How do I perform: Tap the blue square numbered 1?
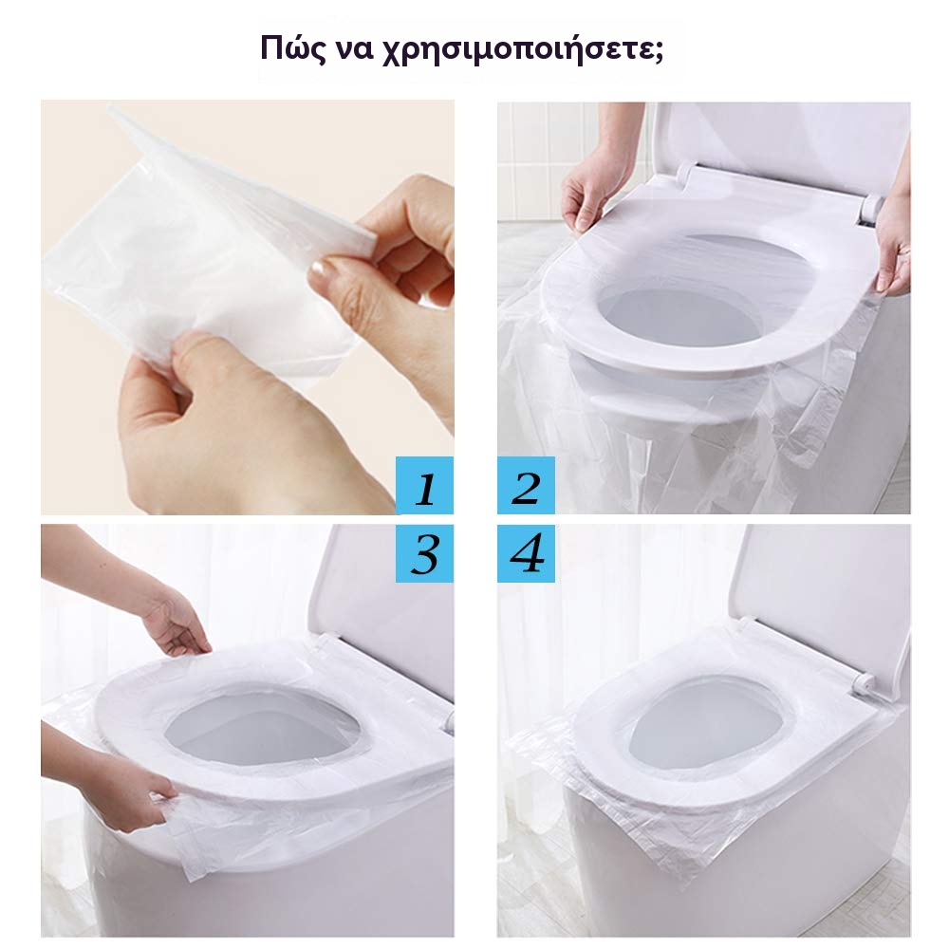coord(424,485)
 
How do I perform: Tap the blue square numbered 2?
coord(526,485)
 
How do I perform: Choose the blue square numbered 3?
coord(424,553)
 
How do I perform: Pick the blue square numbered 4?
coord(526,553)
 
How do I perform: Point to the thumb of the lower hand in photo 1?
coord(181,363)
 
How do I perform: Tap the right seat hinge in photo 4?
coord(863,684)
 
